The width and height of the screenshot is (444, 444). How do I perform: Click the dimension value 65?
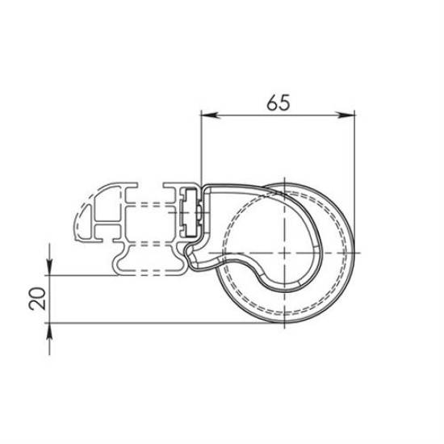coord(277,103)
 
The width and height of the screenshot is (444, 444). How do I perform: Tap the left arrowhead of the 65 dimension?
coord(206,115)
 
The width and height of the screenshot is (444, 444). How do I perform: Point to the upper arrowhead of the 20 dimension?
coord(50,269)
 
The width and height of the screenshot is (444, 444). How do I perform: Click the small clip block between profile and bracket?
coord(191,215)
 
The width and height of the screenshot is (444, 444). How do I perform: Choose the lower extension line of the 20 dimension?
coord(161,325)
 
